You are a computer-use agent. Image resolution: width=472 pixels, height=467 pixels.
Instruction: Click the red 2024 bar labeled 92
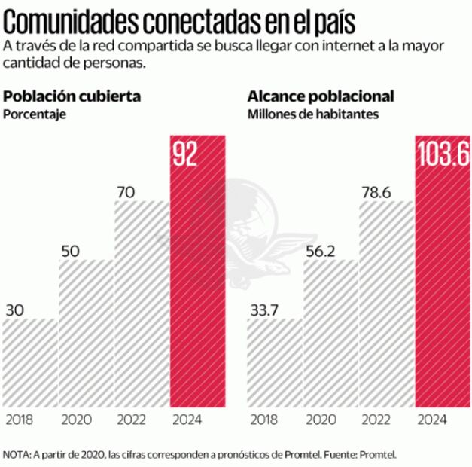(x=198, y=271)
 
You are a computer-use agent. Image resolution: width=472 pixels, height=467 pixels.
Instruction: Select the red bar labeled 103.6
(x=443, y=271)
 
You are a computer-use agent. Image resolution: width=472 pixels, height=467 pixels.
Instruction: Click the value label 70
(x=126, y=192)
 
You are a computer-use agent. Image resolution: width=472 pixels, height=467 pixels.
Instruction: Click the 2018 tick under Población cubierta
(x=19, y=419)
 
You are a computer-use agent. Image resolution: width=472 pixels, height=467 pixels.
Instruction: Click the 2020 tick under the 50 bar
(x=75, y=419)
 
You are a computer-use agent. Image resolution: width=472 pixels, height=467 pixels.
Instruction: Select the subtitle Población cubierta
(x=72, y=97)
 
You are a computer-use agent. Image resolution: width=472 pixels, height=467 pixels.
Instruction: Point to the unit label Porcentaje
(x=35, y=114)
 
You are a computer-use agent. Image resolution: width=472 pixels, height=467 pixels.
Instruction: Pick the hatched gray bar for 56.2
(x=330, y=331)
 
